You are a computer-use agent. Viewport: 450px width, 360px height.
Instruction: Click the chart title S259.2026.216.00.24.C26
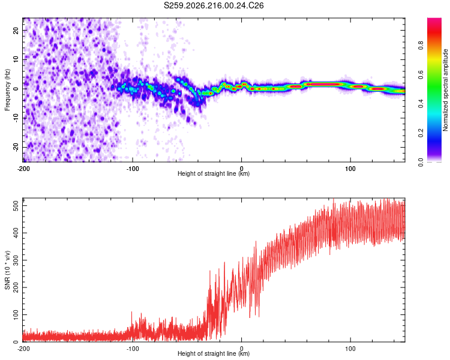coord(214,5)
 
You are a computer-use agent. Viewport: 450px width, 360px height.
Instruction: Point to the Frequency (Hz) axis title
coord(7,90)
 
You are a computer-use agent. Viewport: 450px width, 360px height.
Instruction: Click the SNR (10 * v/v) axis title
coord(7,270)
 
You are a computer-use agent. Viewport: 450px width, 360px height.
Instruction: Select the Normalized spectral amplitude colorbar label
coord(445,90)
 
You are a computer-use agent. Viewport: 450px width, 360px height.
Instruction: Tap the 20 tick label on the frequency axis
coord(16,30)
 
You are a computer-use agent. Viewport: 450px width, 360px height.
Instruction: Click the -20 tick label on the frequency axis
coord(16,147)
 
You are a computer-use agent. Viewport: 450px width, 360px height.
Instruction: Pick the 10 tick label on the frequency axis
coord(16,59)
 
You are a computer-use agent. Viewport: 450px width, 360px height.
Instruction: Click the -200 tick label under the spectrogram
coord(23,169)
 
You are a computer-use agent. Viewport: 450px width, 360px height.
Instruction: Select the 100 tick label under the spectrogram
coord(350,169)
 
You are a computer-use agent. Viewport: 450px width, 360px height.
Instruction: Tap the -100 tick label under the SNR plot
coord(133,349)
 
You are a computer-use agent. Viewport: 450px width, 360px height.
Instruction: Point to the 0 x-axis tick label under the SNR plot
coord(241,349)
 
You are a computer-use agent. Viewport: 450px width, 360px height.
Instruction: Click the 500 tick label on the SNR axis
coord(16,206)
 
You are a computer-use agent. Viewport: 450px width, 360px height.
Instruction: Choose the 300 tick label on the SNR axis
coord(16,260)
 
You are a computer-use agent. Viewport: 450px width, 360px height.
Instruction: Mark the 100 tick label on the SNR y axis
coord(16,314)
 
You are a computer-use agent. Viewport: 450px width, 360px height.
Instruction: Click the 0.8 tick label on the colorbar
coord(421,46)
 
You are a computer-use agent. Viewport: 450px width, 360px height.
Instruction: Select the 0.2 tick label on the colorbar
coord(421,133)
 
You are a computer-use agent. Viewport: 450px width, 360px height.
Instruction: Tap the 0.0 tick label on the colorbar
coord(421,162)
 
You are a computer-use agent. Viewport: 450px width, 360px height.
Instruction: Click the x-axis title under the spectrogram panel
coord(214,173)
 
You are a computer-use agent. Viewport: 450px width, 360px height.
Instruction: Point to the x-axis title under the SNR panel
coord(214,353)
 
